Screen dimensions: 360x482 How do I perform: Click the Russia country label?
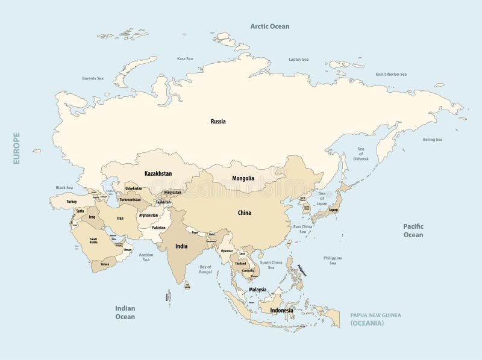[218, 121]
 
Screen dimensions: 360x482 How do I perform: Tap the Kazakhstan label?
[158, 173]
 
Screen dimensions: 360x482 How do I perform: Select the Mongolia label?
[243, 178]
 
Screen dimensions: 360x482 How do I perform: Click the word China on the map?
[245, 213]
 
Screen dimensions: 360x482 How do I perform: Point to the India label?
[181, 246]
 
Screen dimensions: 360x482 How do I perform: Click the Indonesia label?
[281, 311]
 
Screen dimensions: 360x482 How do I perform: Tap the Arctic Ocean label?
[270, 26]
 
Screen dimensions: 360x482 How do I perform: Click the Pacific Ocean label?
[413, 230]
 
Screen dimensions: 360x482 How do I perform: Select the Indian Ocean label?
[125, 312]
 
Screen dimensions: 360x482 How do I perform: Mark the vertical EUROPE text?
[17, 149]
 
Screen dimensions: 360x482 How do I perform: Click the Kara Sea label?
[184, 59]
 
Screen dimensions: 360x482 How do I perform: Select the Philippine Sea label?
[332, 260]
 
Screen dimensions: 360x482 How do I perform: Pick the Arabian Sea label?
[146, 256]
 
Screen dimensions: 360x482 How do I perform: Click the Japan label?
[333, 210]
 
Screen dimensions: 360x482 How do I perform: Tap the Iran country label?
[120, 219]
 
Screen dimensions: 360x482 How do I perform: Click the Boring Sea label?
[432, 140]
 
